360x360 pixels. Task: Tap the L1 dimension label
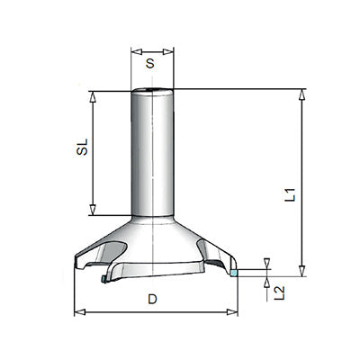tap(314, 194)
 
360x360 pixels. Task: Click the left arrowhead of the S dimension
tap(134, 50)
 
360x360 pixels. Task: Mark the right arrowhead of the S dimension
tap(171, 50)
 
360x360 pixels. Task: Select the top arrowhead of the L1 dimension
tap(301, 94)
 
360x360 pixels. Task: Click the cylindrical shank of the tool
tap(152, 153)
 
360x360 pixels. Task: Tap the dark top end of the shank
tap(152, 90)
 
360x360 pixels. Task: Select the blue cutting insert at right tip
tap(233, 272)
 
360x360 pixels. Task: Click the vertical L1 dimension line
tap(301, 144)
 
